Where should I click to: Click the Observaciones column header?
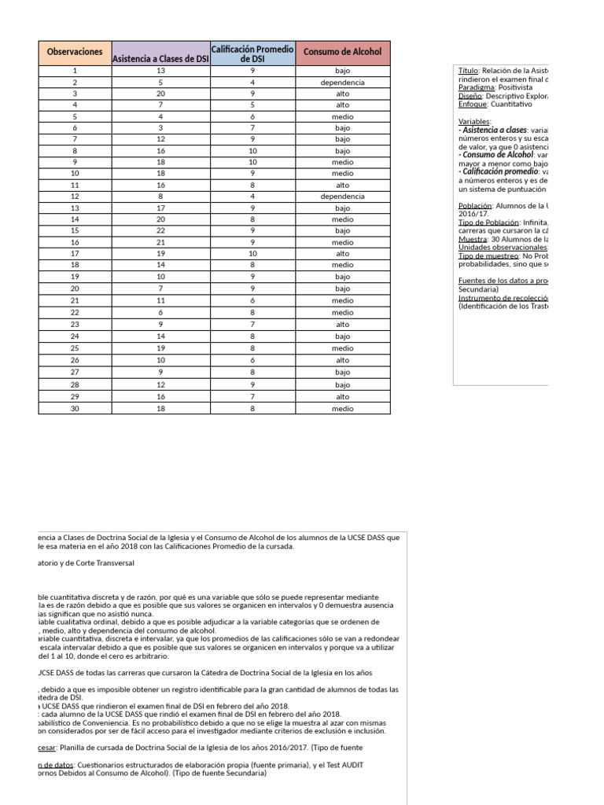point(75,52)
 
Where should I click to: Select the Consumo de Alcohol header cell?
point(342,52)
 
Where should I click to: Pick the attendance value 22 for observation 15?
point(160,232)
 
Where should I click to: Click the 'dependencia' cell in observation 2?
point(342,83)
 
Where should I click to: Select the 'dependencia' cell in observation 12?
point(342,197)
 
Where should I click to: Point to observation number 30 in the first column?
point(75,409)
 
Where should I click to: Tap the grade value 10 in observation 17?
point(252,254)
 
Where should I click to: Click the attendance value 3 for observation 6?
point(160,127)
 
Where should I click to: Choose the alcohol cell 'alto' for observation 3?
point(342,94)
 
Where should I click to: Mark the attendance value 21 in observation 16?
point(160,243)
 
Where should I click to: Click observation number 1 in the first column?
point(75,71)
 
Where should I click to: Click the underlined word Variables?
point(474,122)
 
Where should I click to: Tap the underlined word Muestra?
point(470,240)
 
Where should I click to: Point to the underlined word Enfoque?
point(473,104)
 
